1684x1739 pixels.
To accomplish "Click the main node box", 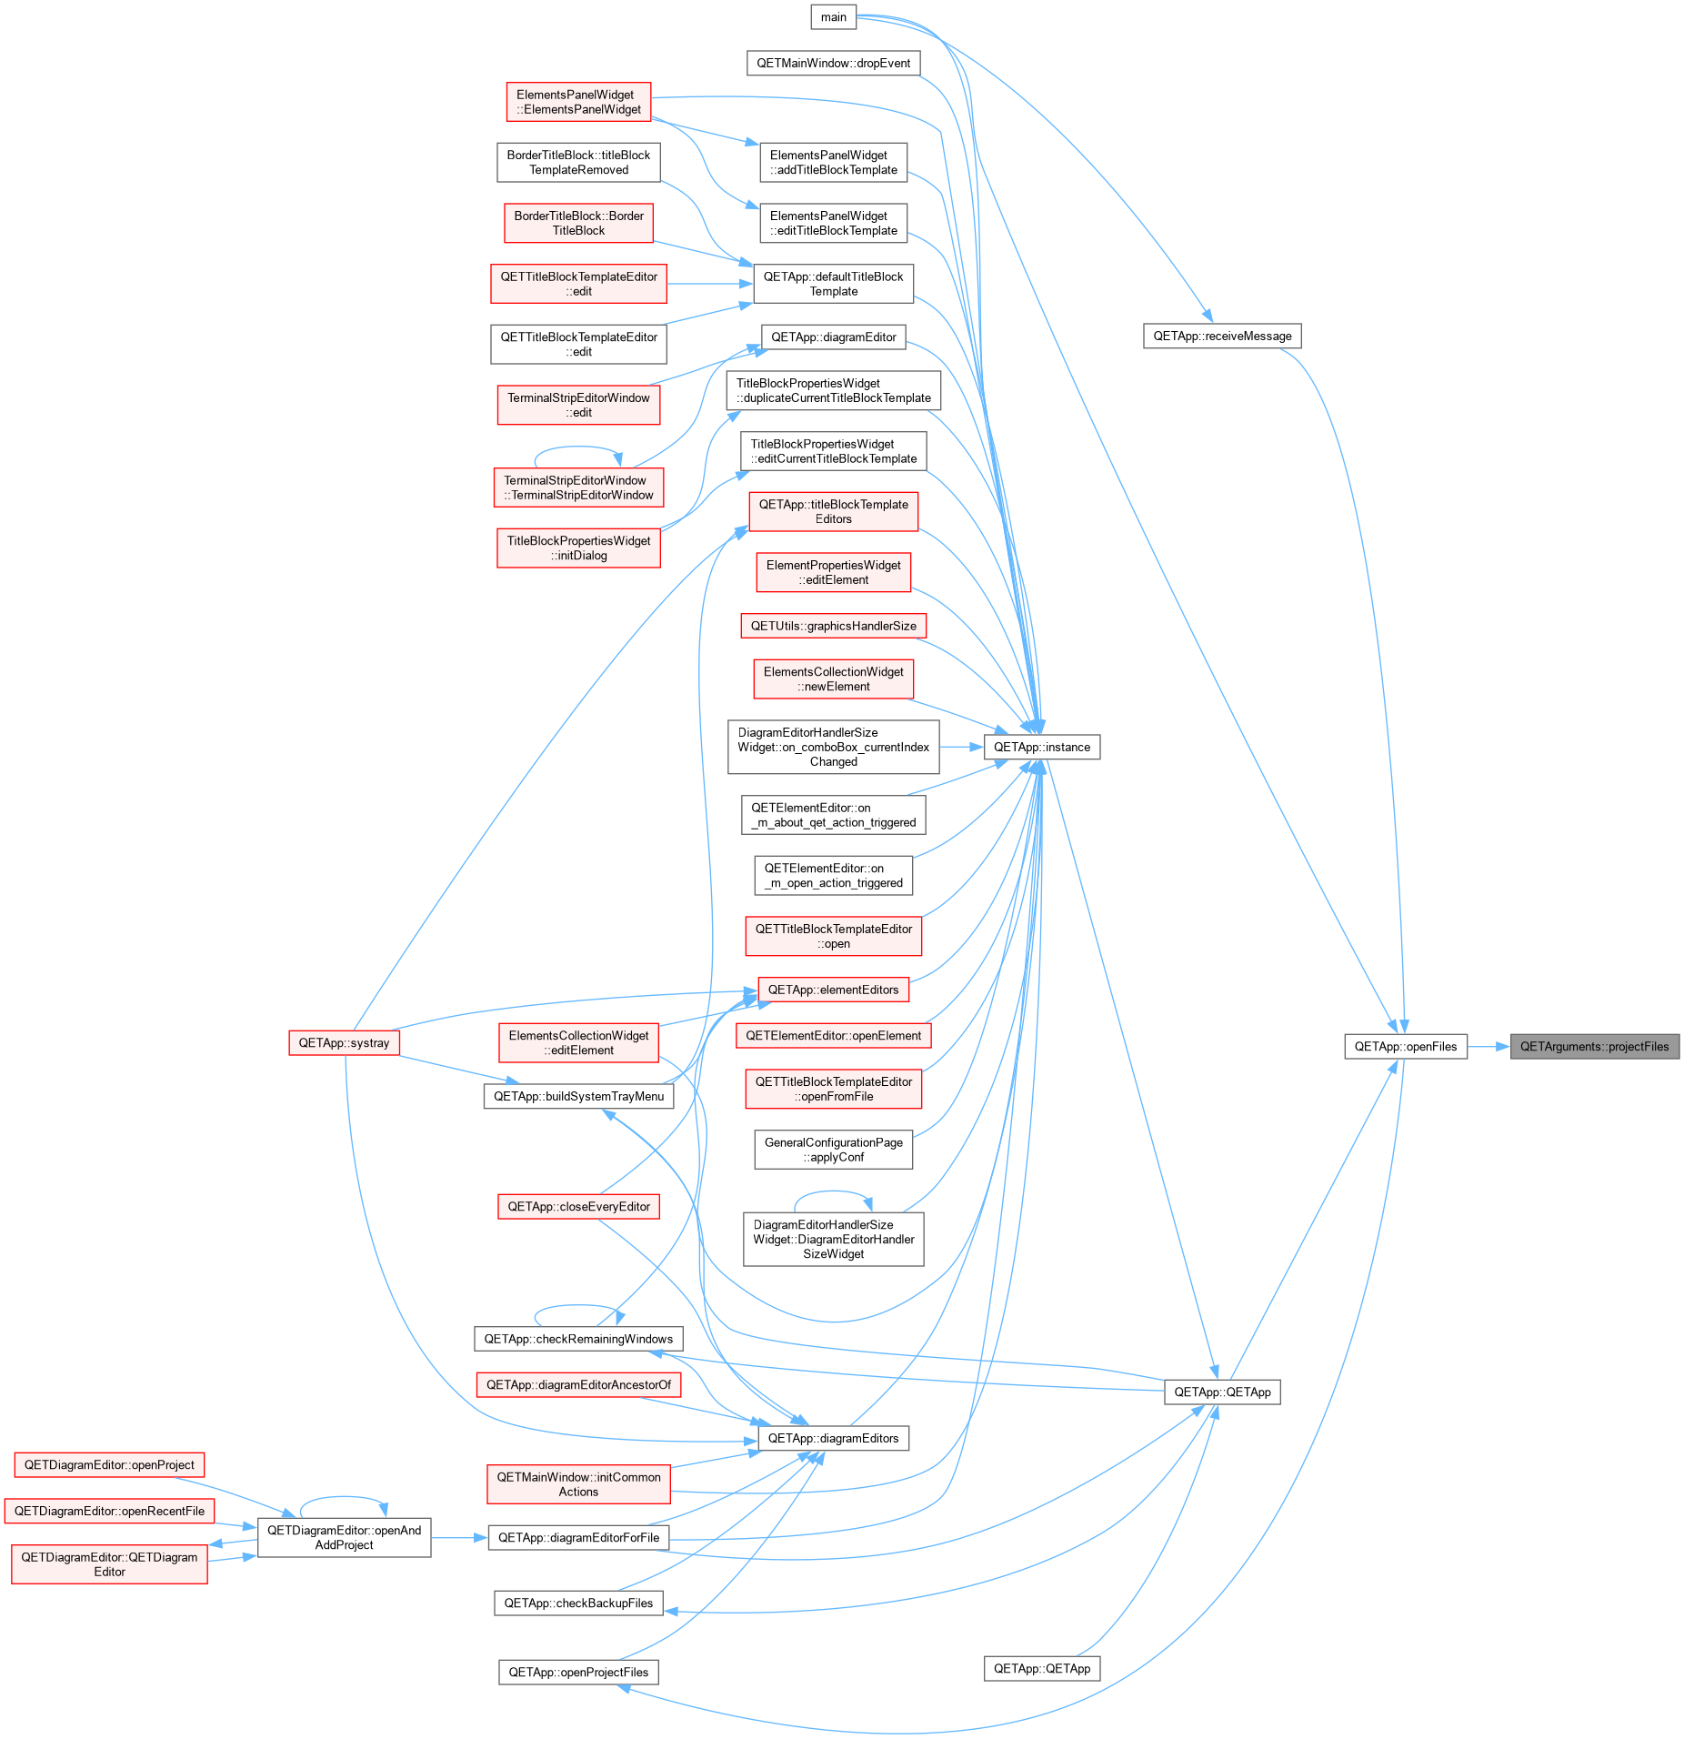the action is [x=833, y=17].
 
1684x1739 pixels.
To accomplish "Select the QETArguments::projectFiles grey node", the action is [x=1594, y=1046].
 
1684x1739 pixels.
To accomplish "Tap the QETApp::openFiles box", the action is [x=1405, y=1046].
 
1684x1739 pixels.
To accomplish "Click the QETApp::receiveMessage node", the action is [x=1222, y=336].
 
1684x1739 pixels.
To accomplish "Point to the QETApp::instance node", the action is [x=1042, y=747].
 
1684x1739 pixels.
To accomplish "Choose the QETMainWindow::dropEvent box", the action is [x=833, y=63].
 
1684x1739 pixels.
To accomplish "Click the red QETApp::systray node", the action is [x=344, y=1042].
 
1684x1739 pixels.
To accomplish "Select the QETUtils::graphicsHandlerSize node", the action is [x=833, y=626].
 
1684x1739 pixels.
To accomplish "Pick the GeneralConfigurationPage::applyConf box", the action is [x=833, y=1150].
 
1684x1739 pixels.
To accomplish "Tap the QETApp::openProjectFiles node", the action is [x=578, y=1672].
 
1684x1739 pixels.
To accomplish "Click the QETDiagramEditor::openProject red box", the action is [x=109, y=1464].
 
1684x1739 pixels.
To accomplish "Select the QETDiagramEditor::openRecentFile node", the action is [x=109, y=1511].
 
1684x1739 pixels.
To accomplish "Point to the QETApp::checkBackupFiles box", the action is [x=578, y=1603].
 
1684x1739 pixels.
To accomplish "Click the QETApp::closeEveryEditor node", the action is [x=578, y=1206].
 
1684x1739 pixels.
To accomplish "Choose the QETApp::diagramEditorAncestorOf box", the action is [x=578, y=1384].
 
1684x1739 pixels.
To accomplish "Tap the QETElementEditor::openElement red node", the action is [x=833, y=1035].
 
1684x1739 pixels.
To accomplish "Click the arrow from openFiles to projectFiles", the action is [x=1489, y=1046].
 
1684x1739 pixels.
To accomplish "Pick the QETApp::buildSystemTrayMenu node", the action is [x=578, y=1096].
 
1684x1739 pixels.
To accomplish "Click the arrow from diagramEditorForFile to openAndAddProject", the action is [x=460, y=1538].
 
